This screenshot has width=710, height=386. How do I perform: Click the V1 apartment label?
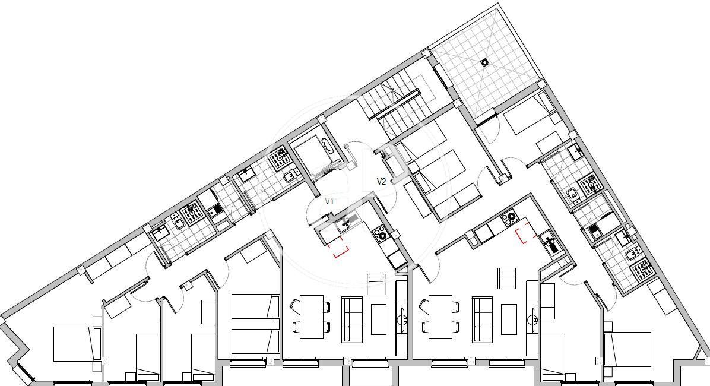pos(329,201)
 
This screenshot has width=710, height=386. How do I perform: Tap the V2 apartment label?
pos(381,182)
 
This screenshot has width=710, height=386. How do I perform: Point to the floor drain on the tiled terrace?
pos(485,62)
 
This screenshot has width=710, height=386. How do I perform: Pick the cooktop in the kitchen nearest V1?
pos(379,234)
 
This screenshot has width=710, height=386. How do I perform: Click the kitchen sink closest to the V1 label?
pos(345,223)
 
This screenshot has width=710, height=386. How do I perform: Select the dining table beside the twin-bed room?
pos(312,317)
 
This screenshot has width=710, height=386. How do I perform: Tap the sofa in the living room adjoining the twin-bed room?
pos(352,319)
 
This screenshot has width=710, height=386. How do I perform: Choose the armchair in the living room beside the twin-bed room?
pos(376,284)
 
